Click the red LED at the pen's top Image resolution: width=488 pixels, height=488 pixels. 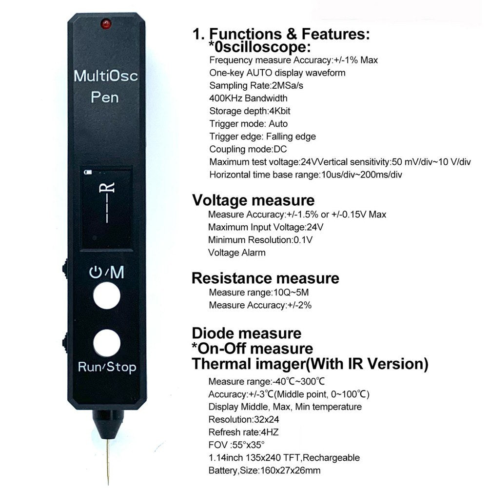(x=106, y=23)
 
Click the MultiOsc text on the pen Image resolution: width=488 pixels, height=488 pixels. (x=106, y=76)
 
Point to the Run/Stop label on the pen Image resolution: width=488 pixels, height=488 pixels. (x=107, y=367)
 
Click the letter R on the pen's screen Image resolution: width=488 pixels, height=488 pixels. (x=109, y=188)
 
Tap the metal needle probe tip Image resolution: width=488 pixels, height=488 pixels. (x=107, y=463)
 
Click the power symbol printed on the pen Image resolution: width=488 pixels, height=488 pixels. (x=95, y=273)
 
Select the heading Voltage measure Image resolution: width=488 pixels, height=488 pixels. (x=253, y=200)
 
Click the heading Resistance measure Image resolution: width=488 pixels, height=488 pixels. (x=265, y=278)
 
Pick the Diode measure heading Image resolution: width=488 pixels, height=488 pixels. (x=246, y=334)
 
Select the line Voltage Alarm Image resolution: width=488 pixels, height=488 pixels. (x=237, y=253)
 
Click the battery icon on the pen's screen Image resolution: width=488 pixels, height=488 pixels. (x=88, y=172)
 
